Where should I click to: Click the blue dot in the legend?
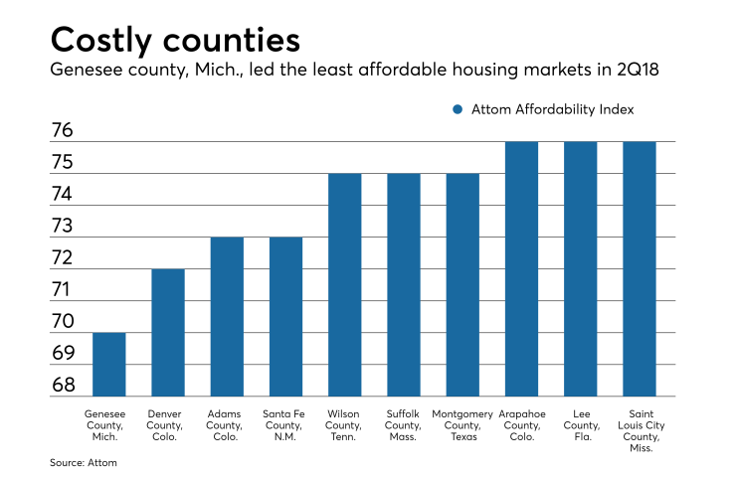coord(458,109)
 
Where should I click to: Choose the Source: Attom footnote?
coord(84,462)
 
